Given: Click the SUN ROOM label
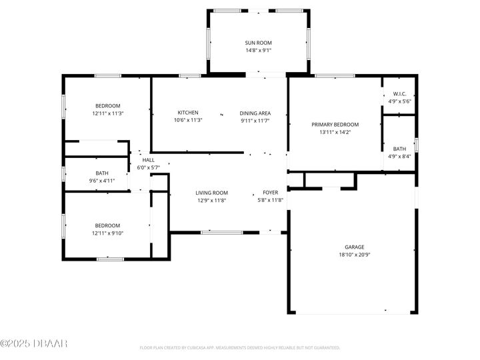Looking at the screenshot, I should [x=258, y=43].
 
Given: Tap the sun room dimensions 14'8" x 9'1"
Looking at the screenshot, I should [x=258, y=50].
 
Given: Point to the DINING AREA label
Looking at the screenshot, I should [x=255, y=113].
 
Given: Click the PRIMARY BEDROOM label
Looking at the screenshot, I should [x=335, y=125].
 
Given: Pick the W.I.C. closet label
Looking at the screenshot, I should [x=399, y=94].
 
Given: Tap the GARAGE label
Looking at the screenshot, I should [x=354, y=247].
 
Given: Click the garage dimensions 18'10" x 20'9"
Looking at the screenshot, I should [x=354, y=255].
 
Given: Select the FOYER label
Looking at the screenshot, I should [x=270, y=193].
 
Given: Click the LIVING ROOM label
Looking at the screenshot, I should [x=211, y=193].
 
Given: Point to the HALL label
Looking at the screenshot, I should [x=148, y=160].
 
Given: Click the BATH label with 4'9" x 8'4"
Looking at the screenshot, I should [x=399, y=149].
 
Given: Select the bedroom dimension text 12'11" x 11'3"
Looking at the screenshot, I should [x=107, y=113].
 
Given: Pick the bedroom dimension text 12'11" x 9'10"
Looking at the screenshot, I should [x=107, y=233].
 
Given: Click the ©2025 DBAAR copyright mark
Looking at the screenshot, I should [x=34, y=343].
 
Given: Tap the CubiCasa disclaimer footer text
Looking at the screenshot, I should [x=239, y=347].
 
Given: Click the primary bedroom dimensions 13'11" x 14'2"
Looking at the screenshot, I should [x=335, y=132].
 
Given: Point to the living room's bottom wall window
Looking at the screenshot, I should [x=221, y=232].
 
